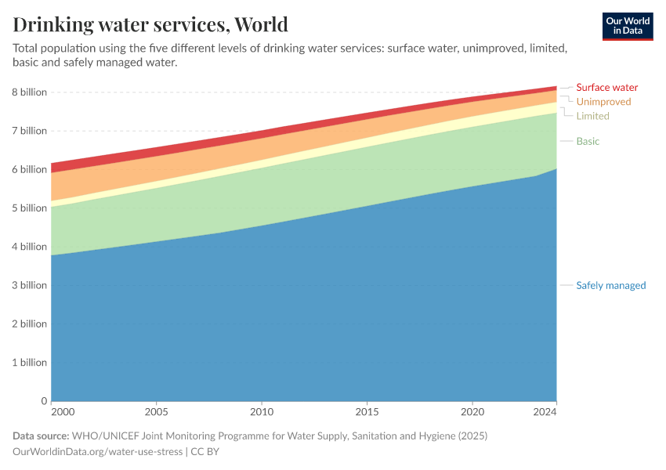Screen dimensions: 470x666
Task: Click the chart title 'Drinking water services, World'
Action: (150, 24)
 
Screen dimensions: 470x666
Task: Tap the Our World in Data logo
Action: (627, 26)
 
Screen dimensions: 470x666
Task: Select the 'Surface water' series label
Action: (606, 88)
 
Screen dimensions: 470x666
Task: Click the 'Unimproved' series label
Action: (603, 102)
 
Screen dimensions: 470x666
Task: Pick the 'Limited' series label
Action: (592, 116)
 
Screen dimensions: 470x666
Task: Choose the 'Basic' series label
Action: (588, 141)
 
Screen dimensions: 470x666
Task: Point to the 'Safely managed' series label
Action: (610, 285)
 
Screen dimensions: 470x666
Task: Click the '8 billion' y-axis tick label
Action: (29, 92)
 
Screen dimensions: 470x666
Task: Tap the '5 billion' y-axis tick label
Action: (29, 208)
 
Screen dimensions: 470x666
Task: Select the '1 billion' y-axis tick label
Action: (29, 363)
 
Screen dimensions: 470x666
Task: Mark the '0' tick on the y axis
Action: (44, 401)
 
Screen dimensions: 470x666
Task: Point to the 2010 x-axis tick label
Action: (262, 411)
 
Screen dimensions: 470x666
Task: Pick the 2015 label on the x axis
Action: (367, 411)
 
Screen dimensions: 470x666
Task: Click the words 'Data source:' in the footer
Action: (41, 436)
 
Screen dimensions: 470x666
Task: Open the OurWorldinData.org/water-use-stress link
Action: (97, 451)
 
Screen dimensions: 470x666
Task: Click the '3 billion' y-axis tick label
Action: (29, 285)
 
